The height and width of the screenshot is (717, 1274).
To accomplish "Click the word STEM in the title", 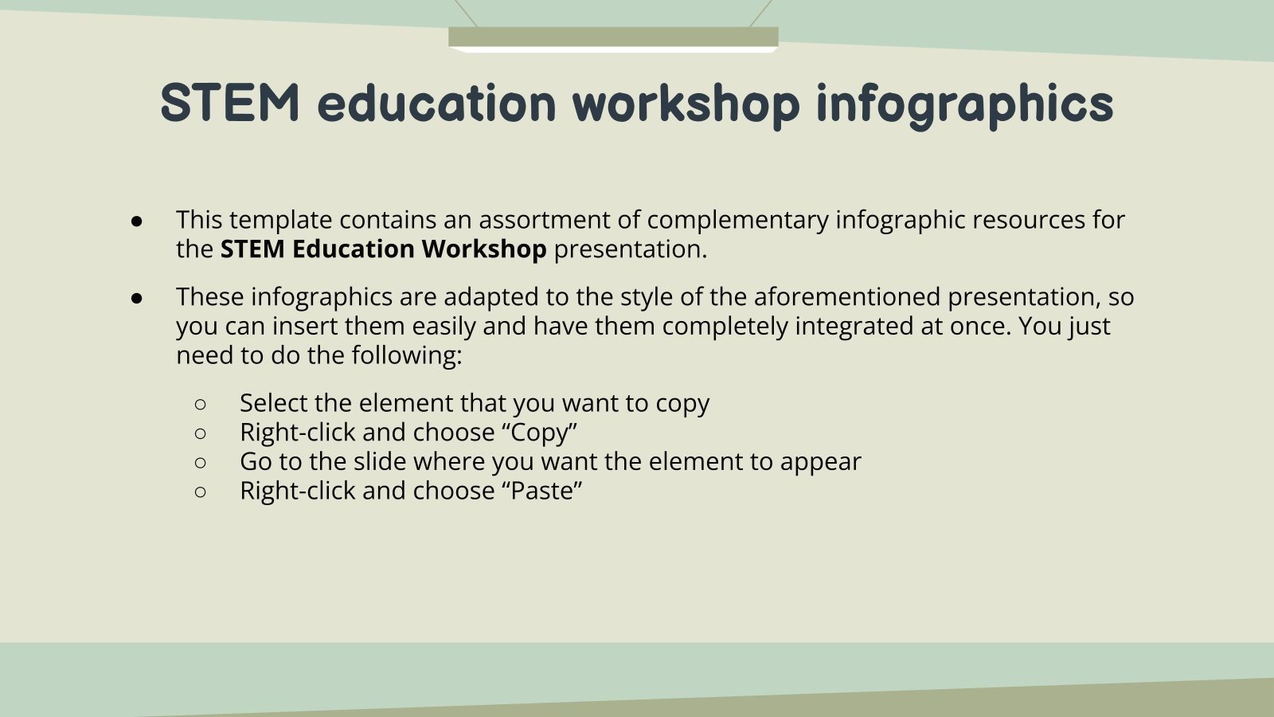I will [229, 103].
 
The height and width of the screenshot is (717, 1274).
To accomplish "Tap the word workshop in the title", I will [686, 104].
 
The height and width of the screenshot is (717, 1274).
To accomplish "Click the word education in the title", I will [436, 104].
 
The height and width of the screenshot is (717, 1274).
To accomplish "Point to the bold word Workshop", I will [483, 249].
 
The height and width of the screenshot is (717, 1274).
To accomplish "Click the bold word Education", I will [354, 249].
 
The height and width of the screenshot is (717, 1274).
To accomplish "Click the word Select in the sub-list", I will [273, 403].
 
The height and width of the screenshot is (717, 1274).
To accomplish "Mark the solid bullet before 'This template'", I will [136, 221].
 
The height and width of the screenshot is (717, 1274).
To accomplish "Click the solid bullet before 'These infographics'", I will [136, 298].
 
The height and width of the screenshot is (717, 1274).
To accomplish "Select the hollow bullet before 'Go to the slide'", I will [200, 463].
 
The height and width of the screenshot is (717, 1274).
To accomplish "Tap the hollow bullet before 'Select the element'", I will [200, 405].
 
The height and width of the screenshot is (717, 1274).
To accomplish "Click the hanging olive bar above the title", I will [613, 37].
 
